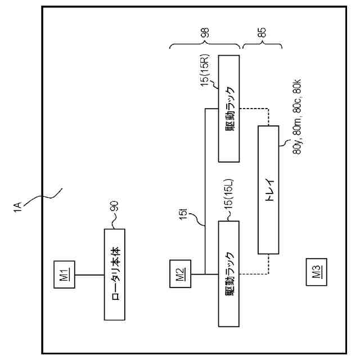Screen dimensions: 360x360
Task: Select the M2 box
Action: coord(179,274)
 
